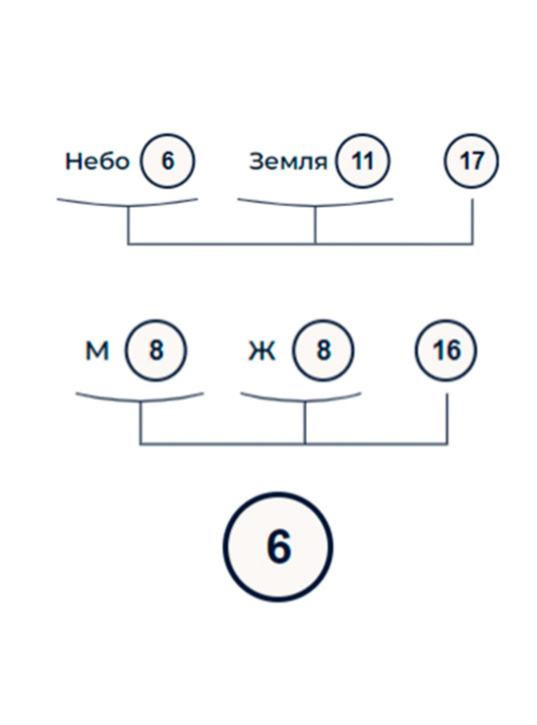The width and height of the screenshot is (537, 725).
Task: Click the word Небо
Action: (97, 162)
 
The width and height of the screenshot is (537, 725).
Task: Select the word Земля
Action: (288, 162)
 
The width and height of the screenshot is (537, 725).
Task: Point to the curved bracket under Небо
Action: (127, 205)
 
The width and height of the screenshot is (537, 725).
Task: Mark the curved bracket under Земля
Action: (315, 205)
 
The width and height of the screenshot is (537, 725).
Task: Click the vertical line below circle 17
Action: (472, 221)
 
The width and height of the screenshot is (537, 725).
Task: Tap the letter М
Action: (97, 351)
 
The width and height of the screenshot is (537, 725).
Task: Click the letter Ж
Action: (262, 351)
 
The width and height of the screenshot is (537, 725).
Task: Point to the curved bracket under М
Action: (140, 401)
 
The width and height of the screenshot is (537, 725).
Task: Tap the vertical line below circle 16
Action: (447, 419)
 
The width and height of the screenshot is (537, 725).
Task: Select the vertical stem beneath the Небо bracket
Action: (128, 225)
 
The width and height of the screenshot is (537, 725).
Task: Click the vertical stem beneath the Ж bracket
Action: (304, 423)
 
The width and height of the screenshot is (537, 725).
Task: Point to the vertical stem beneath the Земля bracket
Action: (315, 225)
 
